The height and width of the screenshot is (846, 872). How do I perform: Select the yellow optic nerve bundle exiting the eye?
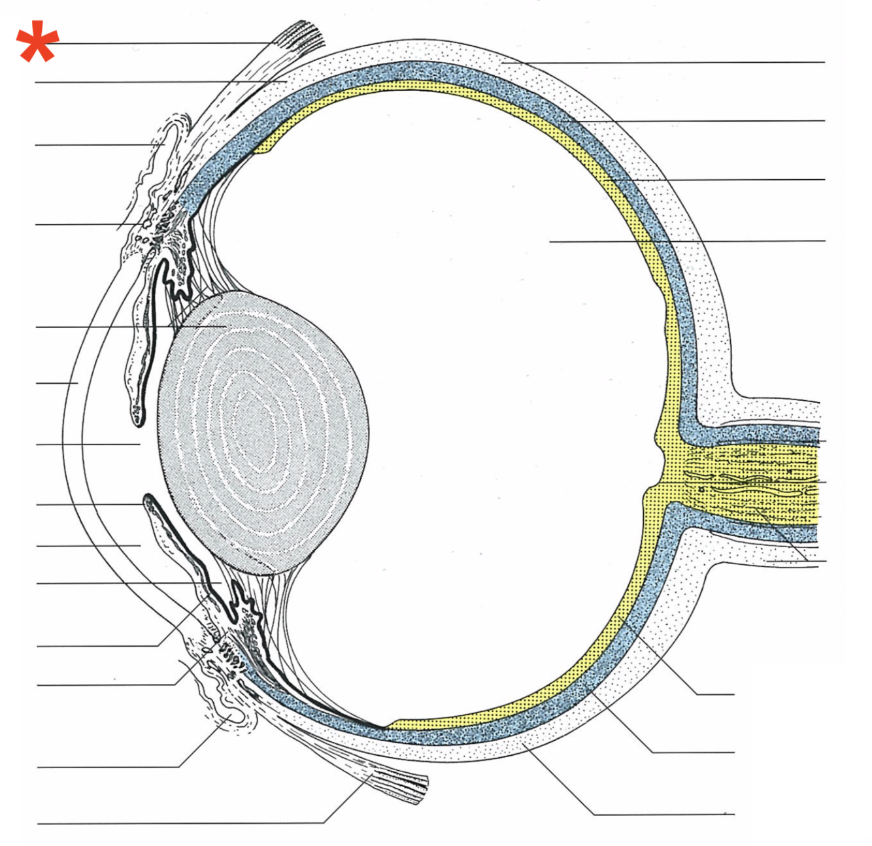point(752,481)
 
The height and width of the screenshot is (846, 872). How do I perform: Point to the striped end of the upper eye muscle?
point(304,36)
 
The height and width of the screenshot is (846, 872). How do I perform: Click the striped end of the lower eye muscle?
point(402,785)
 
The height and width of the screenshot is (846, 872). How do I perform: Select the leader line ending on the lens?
point(131,326)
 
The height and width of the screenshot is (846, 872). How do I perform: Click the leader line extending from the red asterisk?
point(163,43)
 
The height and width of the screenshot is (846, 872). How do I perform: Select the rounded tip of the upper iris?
point(137,416)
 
